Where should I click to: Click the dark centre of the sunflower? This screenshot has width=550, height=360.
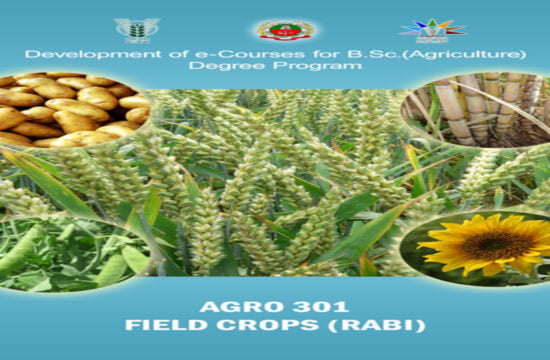coord(490,243)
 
